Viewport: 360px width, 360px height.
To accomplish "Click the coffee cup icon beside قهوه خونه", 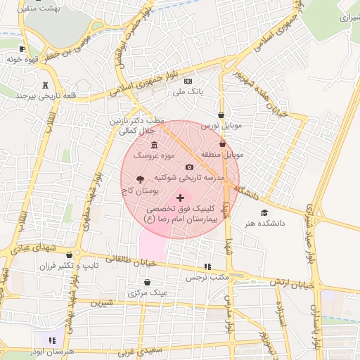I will tap(22, 49).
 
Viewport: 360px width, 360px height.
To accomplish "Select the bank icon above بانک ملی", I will tap(188, 82).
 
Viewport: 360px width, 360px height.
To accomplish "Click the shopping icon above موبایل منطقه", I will tap(223, 144).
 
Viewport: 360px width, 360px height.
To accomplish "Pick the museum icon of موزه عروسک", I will tap(154, 145).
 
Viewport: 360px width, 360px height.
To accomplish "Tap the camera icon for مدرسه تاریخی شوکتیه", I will tap(189, 167).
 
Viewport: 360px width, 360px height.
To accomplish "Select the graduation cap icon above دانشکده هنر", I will tap(264, 212).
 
